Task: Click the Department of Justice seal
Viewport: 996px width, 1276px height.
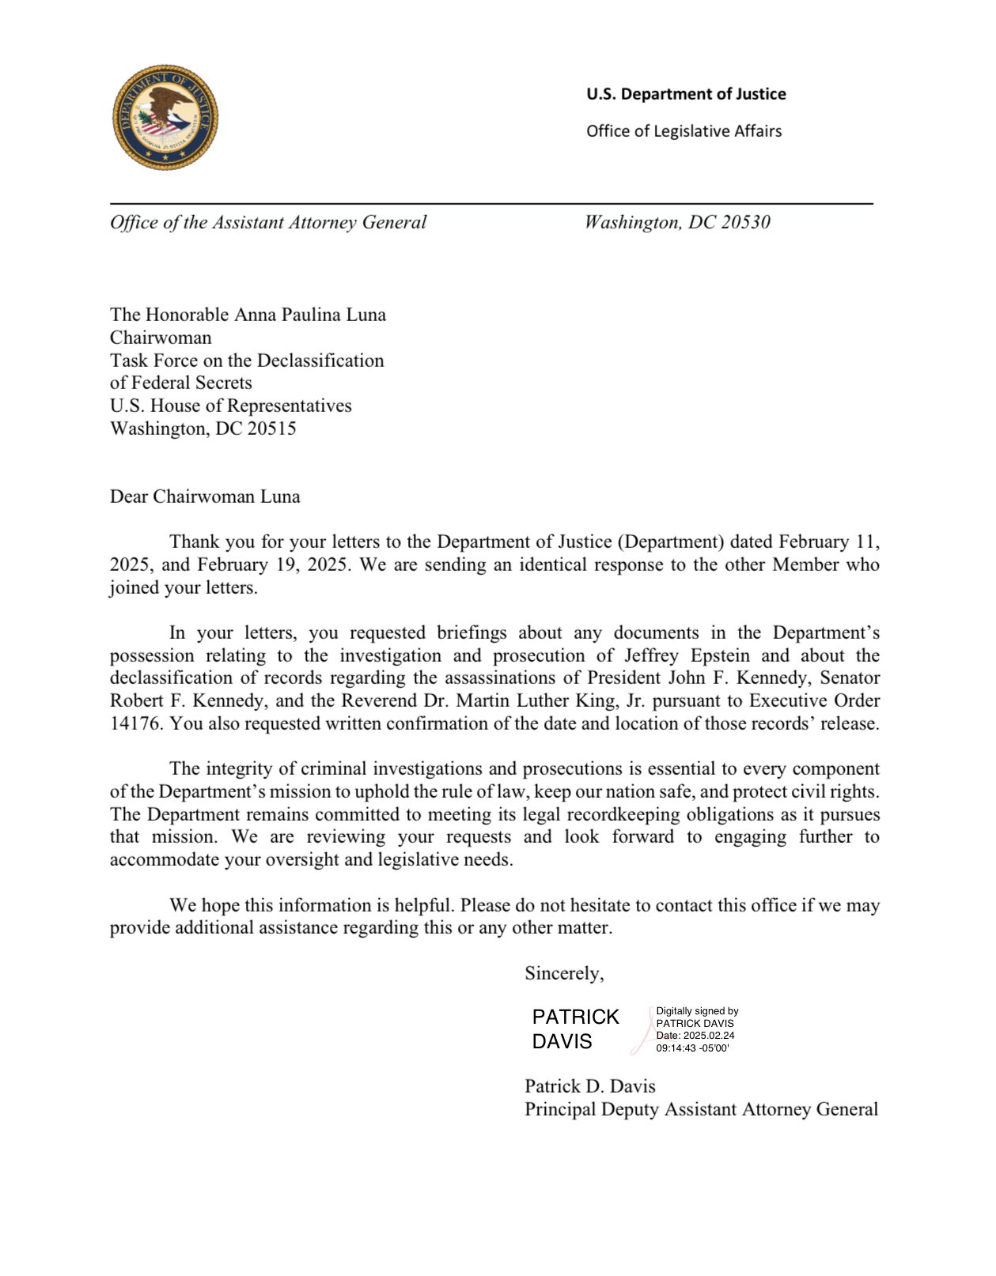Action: [165, 118]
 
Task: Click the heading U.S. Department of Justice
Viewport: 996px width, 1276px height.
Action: [686, 94]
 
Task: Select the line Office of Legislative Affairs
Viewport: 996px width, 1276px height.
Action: [684, 131]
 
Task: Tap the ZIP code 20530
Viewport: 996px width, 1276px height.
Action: [744, 222]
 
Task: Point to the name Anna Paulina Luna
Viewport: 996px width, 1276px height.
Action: [309, 315]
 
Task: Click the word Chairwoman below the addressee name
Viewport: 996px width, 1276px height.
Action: [161, 338]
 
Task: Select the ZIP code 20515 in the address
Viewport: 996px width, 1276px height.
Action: [271, 428]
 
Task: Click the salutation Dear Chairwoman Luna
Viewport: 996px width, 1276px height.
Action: [205, 496]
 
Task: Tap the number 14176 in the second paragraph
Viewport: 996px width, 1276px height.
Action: [135, 723]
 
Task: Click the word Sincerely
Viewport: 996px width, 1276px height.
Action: [564, 973]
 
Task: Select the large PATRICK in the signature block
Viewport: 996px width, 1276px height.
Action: [576, 1017]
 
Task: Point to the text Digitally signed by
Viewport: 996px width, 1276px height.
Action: [697, 1011]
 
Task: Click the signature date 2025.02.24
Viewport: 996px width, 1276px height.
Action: [709, 1036]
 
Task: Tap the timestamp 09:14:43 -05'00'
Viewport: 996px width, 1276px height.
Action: [692, 1048]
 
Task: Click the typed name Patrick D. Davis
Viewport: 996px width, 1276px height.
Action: [589, 1086]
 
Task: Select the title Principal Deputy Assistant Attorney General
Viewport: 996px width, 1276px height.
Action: [701, 1109]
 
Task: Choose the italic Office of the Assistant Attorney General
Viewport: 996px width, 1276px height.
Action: [268, 222]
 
